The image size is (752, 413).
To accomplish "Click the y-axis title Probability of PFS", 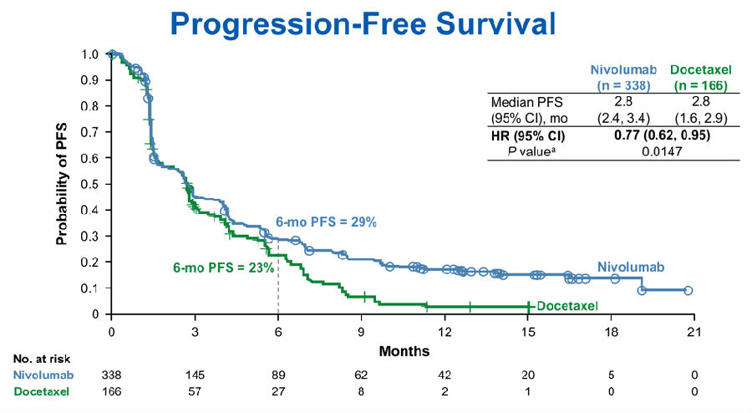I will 62,184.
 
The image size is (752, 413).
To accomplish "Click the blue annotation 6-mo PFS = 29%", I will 328,222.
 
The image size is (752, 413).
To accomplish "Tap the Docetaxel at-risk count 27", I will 277,390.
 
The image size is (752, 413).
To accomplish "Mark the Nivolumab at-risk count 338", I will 111,374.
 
